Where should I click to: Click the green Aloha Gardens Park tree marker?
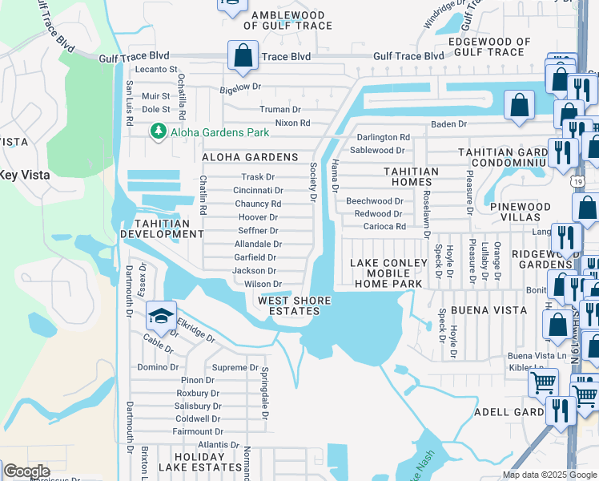pyautogui.click(x=159, y=131)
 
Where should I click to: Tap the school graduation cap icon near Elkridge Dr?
pyautogui.click(x=161, y=316)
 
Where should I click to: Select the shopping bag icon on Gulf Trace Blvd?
pyautogui.click(x=241, y=56)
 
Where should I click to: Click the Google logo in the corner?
pyautogui.click(x=26, y=471)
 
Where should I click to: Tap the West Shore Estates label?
pyautogui.click(x=294, y=305)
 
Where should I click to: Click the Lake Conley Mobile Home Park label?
pyautogui.click(x=387, y=273)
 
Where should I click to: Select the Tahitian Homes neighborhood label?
pyautogui.click(x=411, y=176)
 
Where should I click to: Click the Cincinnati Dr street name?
pyautogui.click(x=258, y=191)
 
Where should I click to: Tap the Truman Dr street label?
pyautogui.click(x=279, y=109)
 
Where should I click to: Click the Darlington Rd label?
pyautogui.click(x=383, y=138)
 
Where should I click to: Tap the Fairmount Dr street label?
pyautogui.click(x=193, y=431)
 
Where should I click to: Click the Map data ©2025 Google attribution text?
pyautogui.click(x=549, y=475)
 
